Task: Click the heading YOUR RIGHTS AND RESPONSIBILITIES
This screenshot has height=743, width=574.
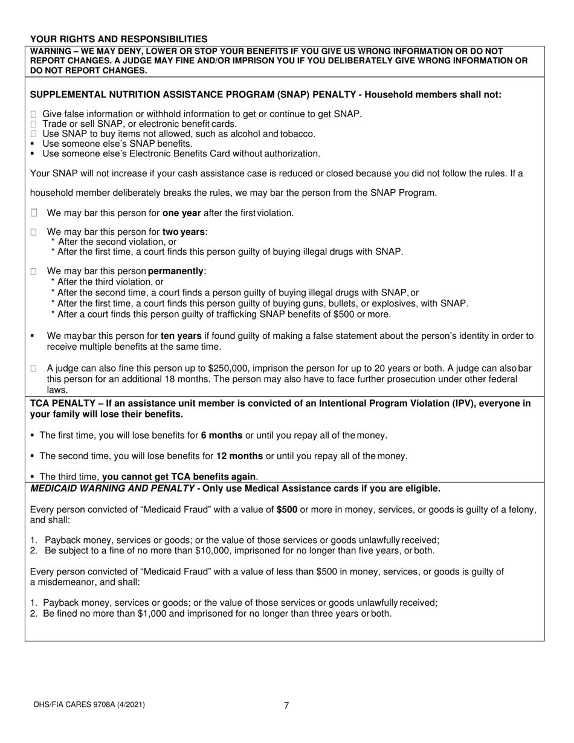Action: click(118, 39)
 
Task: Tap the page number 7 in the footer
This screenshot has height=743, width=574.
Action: click(286, 705)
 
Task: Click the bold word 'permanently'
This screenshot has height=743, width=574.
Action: click(176, 271)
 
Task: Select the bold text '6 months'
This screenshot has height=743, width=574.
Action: click(222, 435)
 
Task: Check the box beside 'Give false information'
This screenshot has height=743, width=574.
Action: click(34, 114)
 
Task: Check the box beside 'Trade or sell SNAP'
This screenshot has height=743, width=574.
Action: click(34, 124)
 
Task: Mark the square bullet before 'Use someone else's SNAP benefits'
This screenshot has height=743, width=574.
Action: click(33, 144)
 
